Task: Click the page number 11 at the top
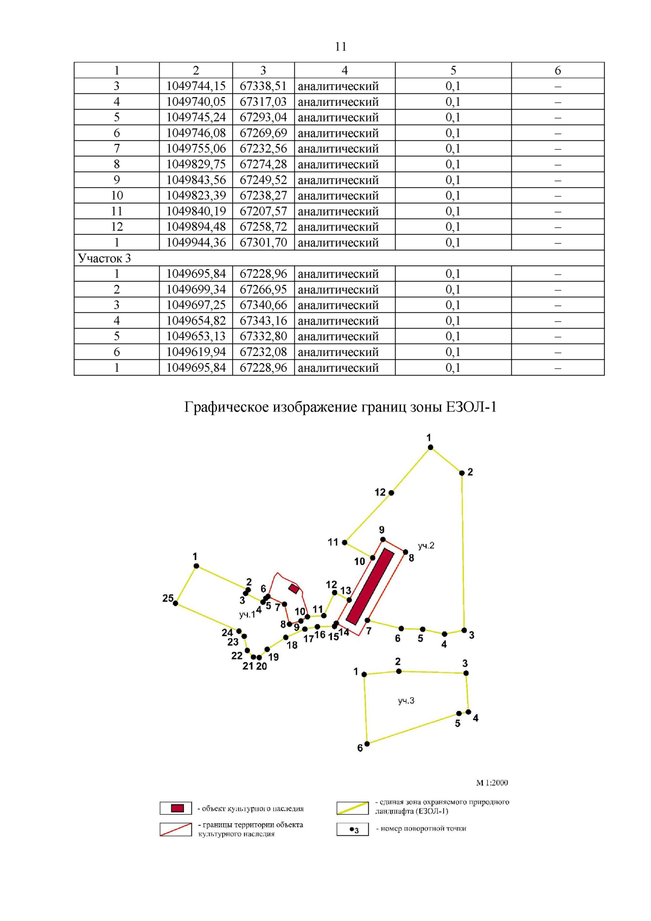[x=341, y=47]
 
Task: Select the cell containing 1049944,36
[x=196, y=243]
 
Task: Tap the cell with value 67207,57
[x=263, y=211]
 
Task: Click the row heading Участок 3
[x=105, y=258]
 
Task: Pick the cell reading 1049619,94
[x=196, y=352]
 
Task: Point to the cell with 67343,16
[x=263, y=321]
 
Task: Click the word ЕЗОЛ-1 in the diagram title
[x=471, y=406]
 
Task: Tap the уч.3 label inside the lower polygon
[x=406, y=701]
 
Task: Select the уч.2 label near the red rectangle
[x=426, y=545]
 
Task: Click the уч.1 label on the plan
[x=247, y=614]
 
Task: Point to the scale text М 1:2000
[x=492, y=783]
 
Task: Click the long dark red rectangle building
[x=370, y=586]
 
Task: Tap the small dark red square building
[x=293, y=588]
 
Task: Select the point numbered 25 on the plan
[x=175, y=604]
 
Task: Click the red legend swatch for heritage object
[x=177, y=808]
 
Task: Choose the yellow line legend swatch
[x=353, y=808]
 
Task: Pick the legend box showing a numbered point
[x=353, y=830]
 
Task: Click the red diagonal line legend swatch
[x=176, y=829]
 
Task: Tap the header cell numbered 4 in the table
[x=344, y=71]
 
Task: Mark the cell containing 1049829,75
[x=196, y=164]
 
